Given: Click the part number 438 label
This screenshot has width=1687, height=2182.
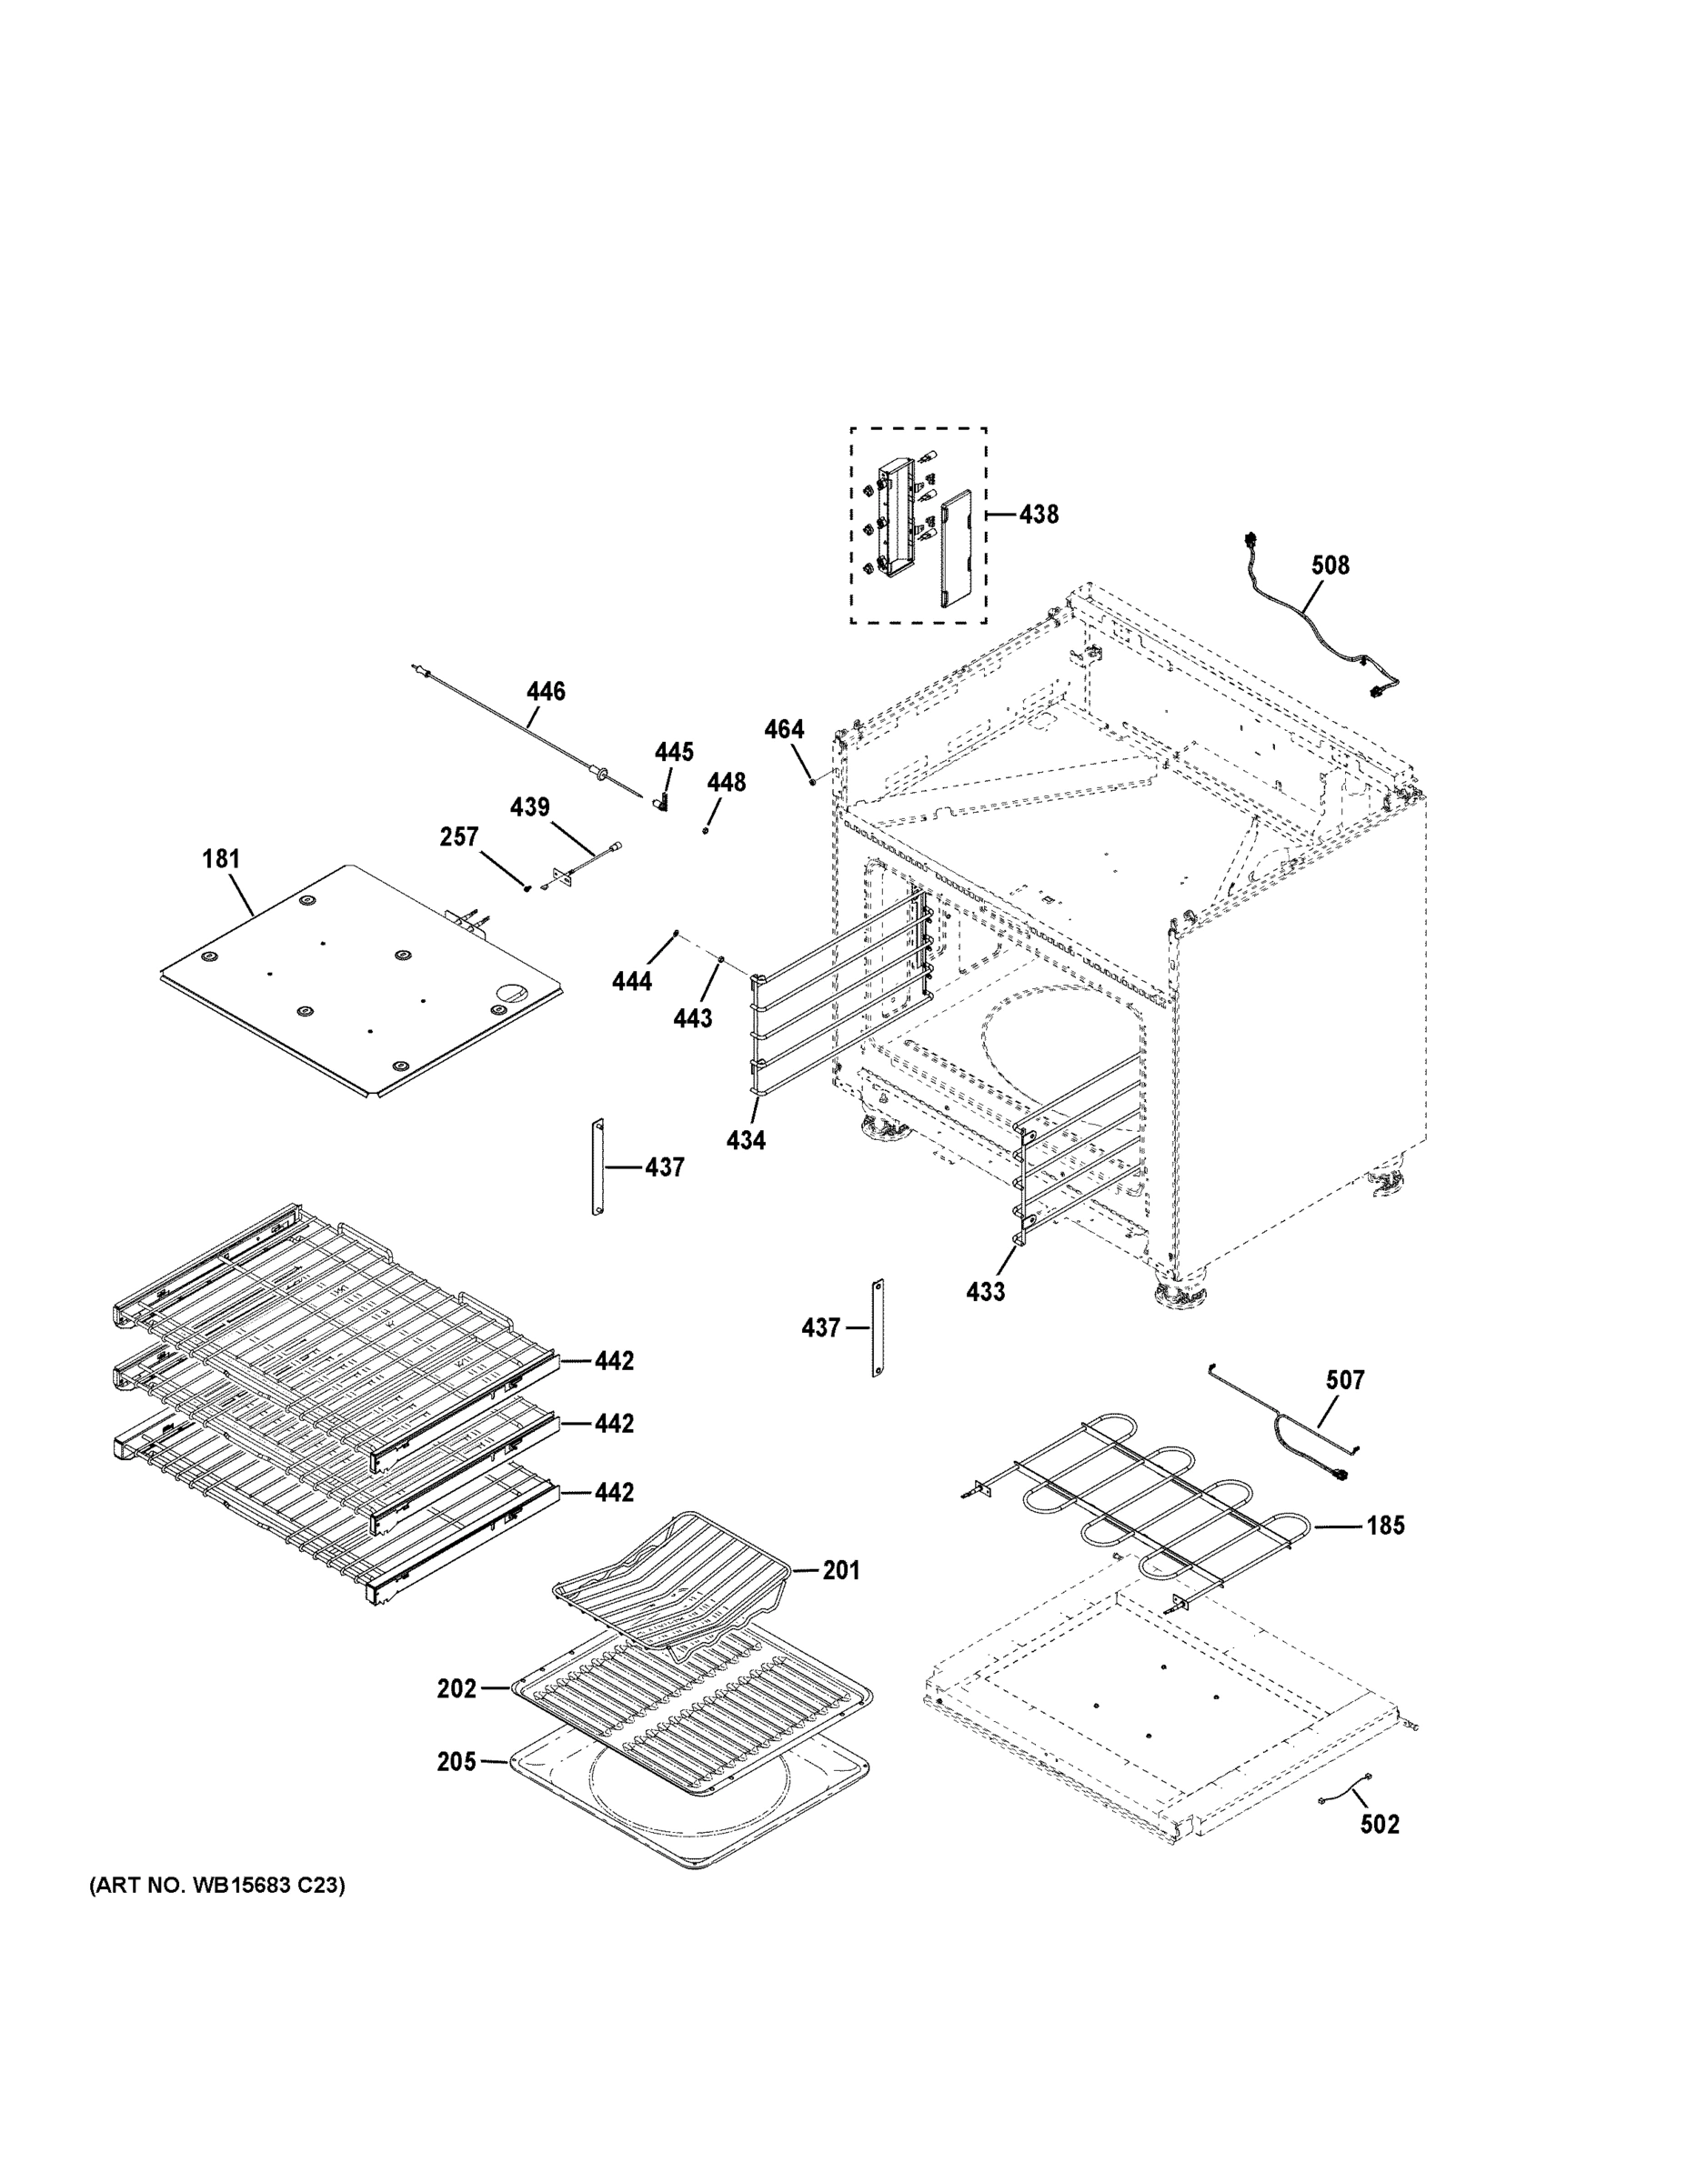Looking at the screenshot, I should pyautogui.click(x=1039, y=515).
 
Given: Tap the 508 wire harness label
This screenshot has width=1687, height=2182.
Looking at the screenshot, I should pyautogui.click(x=1331, y=566).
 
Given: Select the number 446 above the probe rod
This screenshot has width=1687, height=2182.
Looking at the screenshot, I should pyautogui.click(x=546, y=691).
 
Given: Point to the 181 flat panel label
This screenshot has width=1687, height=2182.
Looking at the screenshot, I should pyautogui.click(x=221, y=859).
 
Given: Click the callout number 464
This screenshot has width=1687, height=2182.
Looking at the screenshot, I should pyautogui.click(x=784, y=729).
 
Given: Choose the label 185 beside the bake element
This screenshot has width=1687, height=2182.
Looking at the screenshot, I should pyautogui.click(x=1385, y=1526).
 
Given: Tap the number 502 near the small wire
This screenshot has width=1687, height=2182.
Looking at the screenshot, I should pyautogui.click(x=1380, y=1825).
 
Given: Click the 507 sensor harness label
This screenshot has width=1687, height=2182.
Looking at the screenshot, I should pyautogui.click(x=1344, y=1381).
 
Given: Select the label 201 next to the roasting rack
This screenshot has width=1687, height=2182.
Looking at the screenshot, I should pyautogui.click(x=840, y=1570).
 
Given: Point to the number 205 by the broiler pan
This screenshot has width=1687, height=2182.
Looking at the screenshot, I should pyautogui.click(x=457, y=1762).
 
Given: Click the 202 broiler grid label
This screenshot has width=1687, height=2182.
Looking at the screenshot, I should pyautogui.click(x=457, y=1688).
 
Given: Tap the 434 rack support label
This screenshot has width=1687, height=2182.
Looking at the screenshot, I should pyautogui.click(x=746, y=1140).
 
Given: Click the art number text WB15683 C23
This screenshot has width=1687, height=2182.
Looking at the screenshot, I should pyautogui.click(x=216, y=1887).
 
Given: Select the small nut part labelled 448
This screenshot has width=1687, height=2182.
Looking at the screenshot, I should pyautogui.click(x=706, y=829).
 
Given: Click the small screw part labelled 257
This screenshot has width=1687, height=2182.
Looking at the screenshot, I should pyautogui.click(x=527, y=888).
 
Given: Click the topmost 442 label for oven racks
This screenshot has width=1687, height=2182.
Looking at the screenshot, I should pyautogui.click(x=614, y=1361).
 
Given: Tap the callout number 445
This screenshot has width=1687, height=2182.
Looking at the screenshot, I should pyautogui.click(x=674, y=752).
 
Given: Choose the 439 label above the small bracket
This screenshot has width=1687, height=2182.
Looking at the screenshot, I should pyautogui.click(x=529, y=807).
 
